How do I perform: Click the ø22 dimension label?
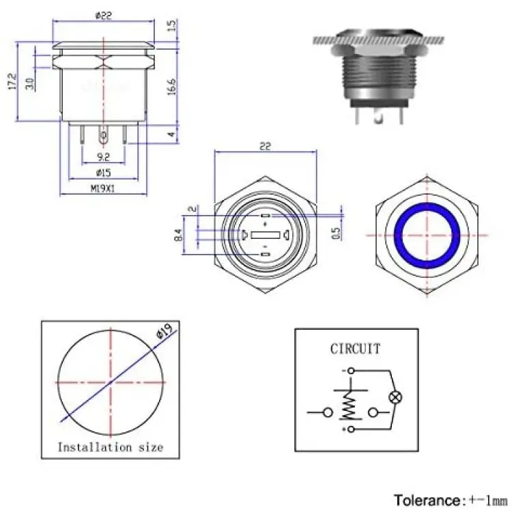[104, 15]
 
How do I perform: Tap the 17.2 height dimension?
[12, 81]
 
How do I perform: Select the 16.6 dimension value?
[172, 87]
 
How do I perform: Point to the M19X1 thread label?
[102, 188]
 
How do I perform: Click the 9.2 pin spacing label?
[103, 158]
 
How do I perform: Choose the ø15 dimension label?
[103, 173]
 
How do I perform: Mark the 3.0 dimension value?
[30, 83]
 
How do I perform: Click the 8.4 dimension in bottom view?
[178, 235]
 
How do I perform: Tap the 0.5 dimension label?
[336, 233]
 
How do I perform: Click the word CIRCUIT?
[355, 349]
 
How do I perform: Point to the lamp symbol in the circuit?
[395, 398]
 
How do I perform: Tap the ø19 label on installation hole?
[165, 331]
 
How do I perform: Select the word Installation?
[95, 447]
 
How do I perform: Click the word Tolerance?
[428, 500]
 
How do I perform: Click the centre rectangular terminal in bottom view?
[266, 235]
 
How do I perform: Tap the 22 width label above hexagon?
[265, 146]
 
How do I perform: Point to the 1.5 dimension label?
[172, 25]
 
